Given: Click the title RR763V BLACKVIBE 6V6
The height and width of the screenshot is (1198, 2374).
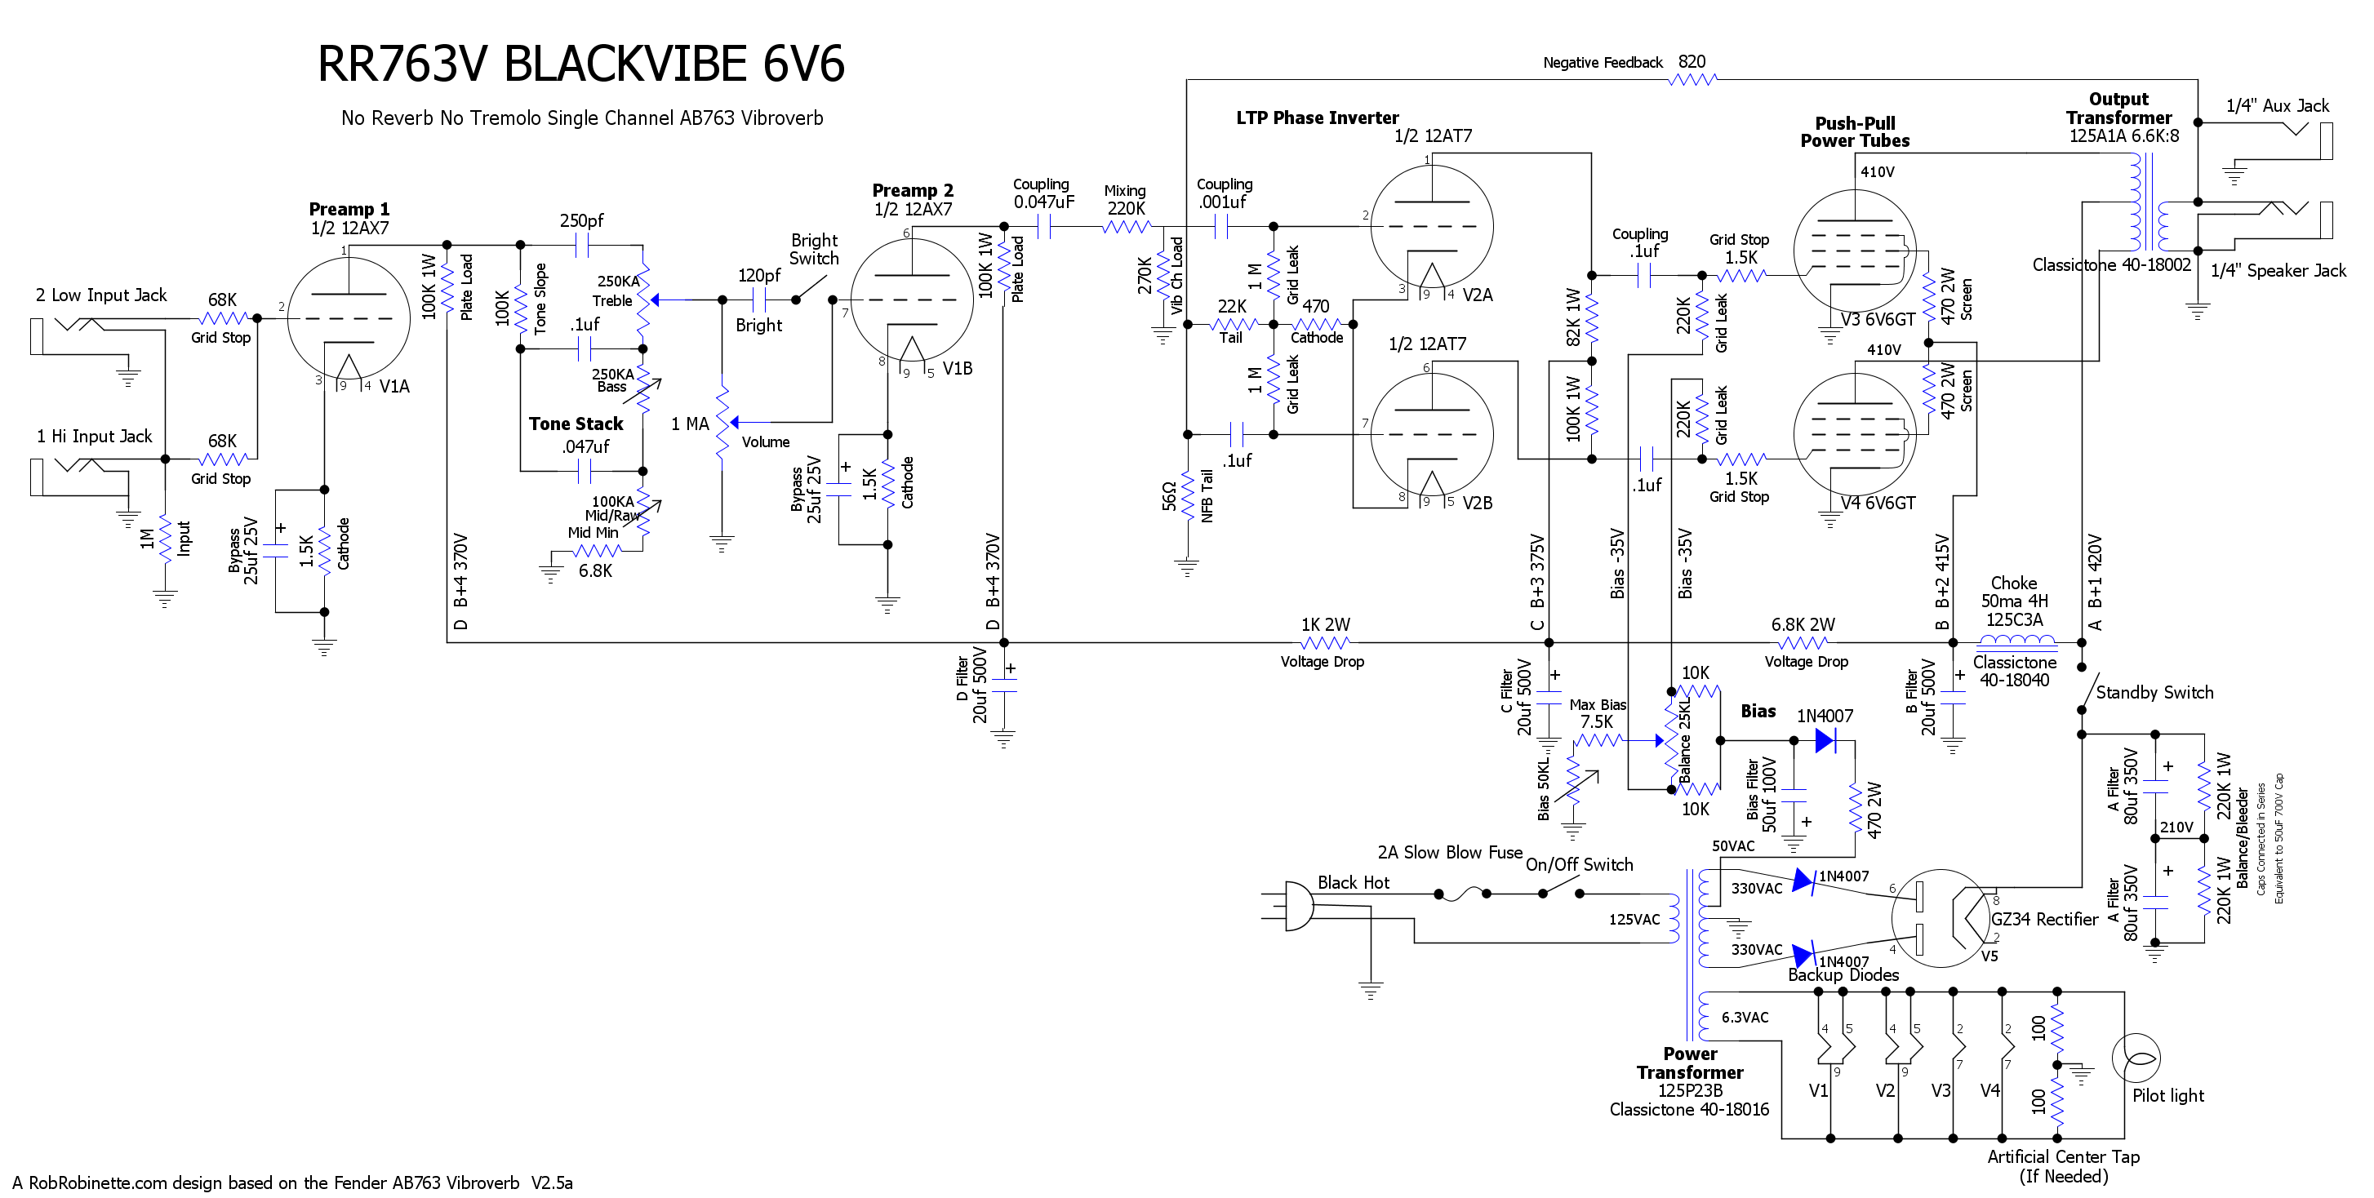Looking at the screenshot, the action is coord(580,64).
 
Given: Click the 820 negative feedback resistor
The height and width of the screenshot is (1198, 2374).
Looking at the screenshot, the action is coord(1693,79).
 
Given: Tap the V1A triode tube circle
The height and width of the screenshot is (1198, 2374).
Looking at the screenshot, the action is coord(349,318).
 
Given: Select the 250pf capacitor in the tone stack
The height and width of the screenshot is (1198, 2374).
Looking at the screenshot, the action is coord(581,245).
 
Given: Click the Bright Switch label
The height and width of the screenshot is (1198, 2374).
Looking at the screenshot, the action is coord(815,250).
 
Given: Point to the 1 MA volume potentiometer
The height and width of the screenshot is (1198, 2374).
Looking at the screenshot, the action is coord(722,422).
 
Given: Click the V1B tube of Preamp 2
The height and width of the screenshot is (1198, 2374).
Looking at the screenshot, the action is coord(911,299).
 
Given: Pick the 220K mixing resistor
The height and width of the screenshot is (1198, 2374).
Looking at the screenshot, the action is coord(1126,226).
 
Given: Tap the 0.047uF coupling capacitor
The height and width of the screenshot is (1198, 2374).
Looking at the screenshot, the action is coord(1044,226).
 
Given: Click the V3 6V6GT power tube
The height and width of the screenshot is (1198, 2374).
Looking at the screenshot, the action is coord(1855,251).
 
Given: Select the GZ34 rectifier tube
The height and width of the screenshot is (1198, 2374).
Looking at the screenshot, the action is coord(1941,918).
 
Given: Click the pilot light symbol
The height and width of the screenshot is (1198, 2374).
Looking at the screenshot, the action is coord(2136,1058).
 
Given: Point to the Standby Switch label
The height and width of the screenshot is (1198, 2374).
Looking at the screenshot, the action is coord(2154,692).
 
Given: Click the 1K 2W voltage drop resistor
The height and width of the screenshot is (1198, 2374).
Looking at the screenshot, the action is coord(1326,642).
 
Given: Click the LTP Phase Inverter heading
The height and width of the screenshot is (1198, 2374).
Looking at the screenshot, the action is coord(1317,118).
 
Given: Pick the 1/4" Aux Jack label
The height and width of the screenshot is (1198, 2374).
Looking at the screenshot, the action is coord(2277,106).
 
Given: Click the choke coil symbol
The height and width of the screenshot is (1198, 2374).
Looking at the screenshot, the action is coord(2016,641).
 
